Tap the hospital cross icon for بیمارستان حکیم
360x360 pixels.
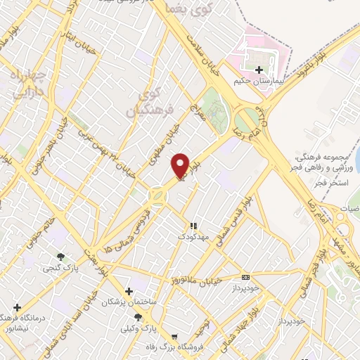coord(259,70)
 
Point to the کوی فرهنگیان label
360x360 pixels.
coord(144,103)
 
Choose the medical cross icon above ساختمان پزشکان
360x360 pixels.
coord(128,291)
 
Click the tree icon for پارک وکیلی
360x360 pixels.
coord(138,317)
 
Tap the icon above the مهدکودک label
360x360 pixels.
coord(193,226)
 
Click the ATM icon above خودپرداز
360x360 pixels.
coord(245,277)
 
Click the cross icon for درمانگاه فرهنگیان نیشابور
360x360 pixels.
coord(17,307)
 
